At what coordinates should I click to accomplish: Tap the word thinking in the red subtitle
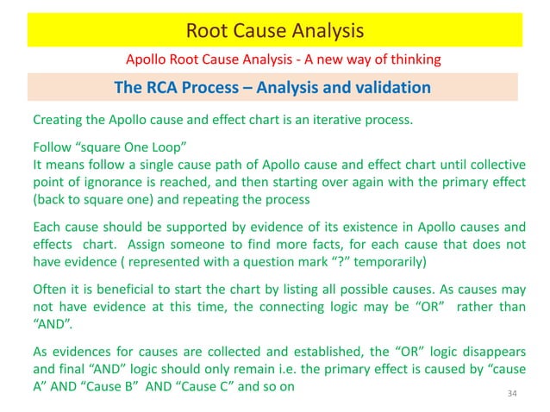[410, 59]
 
